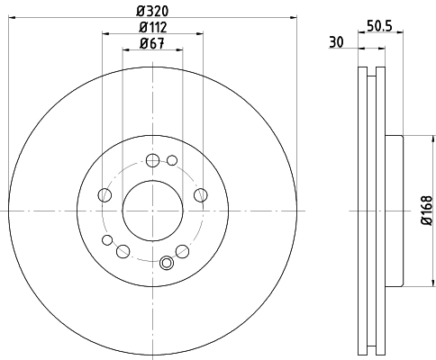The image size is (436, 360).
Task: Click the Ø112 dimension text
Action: pos(151,26)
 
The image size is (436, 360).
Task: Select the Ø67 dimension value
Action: pos(151,44)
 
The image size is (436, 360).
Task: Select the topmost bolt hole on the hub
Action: pos(151,161)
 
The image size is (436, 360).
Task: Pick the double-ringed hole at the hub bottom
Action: pos(166,263)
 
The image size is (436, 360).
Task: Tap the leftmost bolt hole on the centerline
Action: pos(104,195)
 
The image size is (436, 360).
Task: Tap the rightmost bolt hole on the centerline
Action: pos(199,195)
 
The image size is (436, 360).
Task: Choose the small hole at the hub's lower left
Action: pos(108,240)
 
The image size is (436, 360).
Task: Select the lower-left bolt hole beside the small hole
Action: pos(123,250)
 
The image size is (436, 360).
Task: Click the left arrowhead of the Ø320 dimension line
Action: pos(11,16)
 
